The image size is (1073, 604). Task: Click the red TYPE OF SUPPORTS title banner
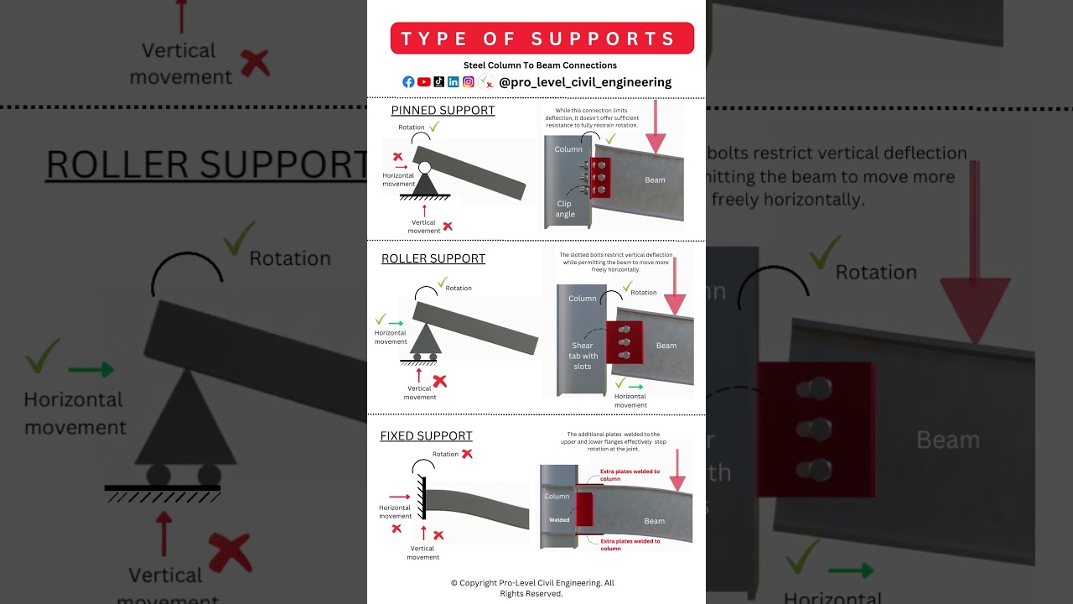coord(542,39)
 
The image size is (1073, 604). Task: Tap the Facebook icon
coord(408,82)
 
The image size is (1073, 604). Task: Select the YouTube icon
coord(423,82)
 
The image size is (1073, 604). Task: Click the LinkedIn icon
coord(454,82)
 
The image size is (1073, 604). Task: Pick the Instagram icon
coord(469,82)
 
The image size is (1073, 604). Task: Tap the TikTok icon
coord(438,82)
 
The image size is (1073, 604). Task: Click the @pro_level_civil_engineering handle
coord(584,82)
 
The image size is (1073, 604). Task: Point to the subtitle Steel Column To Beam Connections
coord(540,65)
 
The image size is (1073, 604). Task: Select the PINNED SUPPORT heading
coord(443,111)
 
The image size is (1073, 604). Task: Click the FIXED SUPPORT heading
coord(426,436)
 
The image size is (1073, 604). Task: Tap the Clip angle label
coord(565,209)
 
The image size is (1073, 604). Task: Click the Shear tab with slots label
coord(583,356)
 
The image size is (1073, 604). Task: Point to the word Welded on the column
coord(559,520)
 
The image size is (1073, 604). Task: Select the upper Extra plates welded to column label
coord(630,475)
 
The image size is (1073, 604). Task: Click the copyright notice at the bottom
coord(532,588)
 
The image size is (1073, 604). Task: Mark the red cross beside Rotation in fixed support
coord(467,454)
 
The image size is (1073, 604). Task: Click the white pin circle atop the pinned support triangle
coord(425,168)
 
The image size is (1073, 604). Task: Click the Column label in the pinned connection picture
coord(568,149)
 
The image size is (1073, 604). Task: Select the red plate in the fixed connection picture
coord(584,508)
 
